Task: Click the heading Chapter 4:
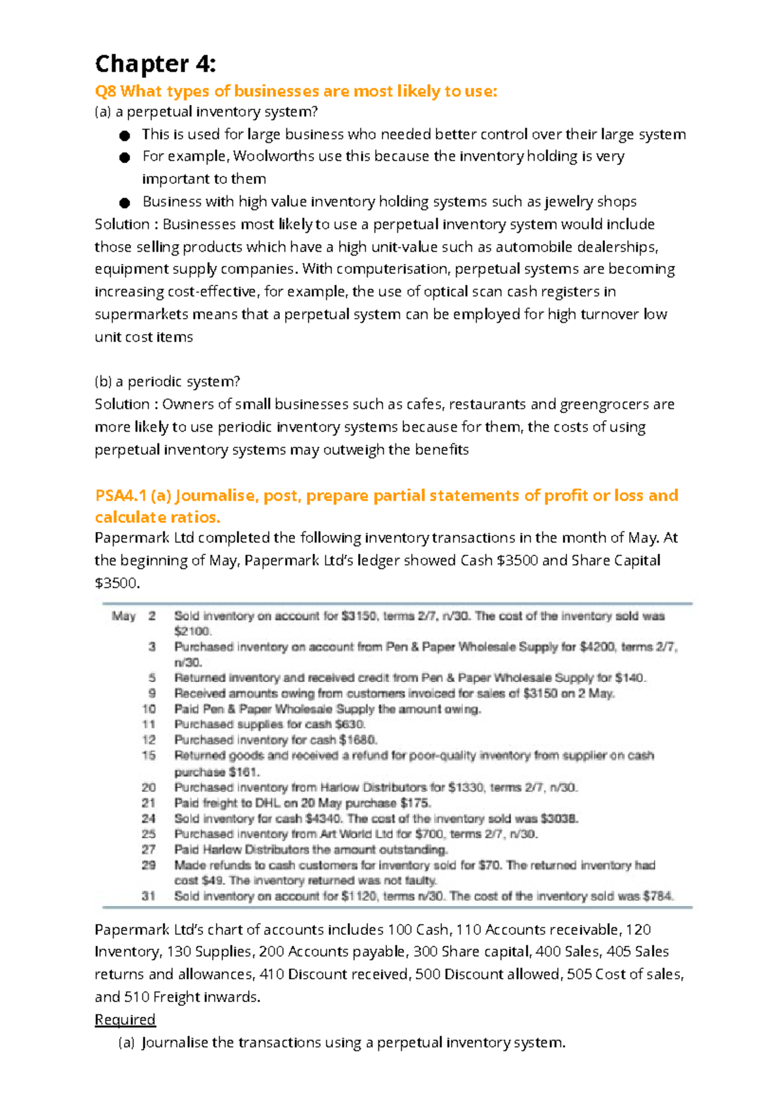(x=155, y=64)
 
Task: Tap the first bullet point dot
(x=124, y=136)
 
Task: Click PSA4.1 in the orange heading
(x=121, y=495)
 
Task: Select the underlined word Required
(x=125, y=1020)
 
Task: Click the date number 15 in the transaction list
(x=149, y=756)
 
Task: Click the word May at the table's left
(x=123, y=616)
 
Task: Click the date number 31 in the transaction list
(x=149, y=896)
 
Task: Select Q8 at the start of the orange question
(x=106, y=91)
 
